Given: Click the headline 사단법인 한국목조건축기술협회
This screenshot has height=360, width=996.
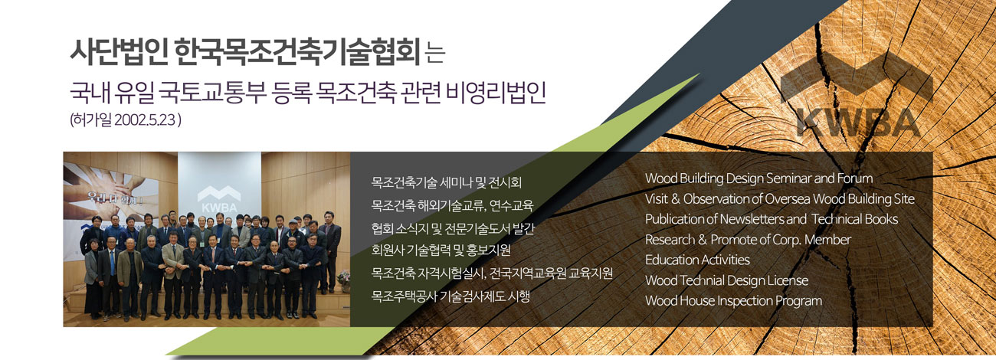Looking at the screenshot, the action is [245, 53].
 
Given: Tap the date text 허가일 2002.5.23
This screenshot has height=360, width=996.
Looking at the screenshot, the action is [126, 120].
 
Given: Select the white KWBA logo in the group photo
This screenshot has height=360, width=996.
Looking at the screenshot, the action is [219, 199].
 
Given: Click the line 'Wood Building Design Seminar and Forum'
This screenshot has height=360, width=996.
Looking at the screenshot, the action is [759, 178].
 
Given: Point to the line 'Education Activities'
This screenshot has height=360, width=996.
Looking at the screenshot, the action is [697, 260].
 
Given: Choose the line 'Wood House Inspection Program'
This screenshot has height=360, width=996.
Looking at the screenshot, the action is [734, 301].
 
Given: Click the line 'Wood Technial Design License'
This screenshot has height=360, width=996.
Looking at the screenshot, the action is [726, 280].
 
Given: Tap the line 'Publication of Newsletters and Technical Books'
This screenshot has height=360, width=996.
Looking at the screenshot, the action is [772, 219].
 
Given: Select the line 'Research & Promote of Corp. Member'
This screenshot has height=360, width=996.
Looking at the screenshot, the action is [748, 240].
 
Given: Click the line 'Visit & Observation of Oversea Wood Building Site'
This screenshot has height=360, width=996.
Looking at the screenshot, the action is [780, 198].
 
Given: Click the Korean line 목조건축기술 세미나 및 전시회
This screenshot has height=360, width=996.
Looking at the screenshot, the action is [447, 182].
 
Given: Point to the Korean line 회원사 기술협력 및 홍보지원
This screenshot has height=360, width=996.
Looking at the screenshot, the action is [441, 250].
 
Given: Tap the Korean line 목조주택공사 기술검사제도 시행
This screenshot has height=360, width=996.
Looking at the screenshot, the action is [450, 296].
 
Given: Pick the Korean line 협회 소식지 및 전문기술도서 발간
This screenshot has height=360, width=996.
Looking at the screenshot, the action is [453, 228].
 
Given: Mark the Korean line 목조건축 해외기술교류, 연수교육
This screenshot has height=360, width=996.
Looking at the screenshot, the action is [452, 205].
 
